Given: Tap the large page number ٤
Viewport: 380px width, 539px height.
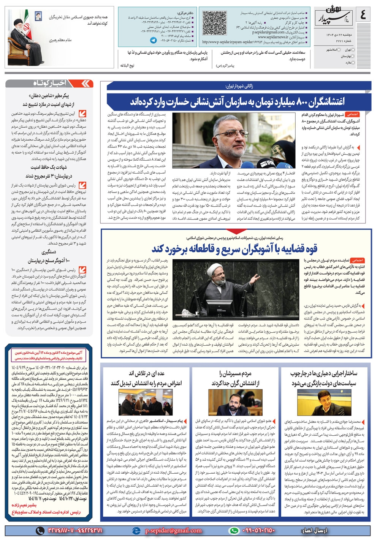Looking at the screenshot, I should tap(363, 16).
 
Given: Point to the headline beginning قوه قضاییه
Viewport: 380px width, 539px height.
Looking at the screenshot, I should tap(234, 249).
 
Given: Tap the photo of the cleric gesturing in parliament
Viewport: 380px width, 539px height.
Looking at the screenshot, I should tap(236, 289).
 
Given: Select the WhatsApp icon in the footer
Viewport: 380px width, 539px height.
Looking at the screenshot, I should tap(234, 531).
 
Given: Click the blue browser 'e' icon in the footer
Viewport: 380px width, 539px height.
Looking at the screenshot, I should tap(136, 531).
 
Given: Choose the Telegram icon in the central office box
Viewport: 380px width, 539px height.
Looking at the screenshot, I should tap(153, 40).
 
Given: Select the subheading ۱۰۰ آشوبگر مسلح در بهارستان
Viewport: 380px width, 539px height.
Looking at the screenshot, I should tap(49, 261).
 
